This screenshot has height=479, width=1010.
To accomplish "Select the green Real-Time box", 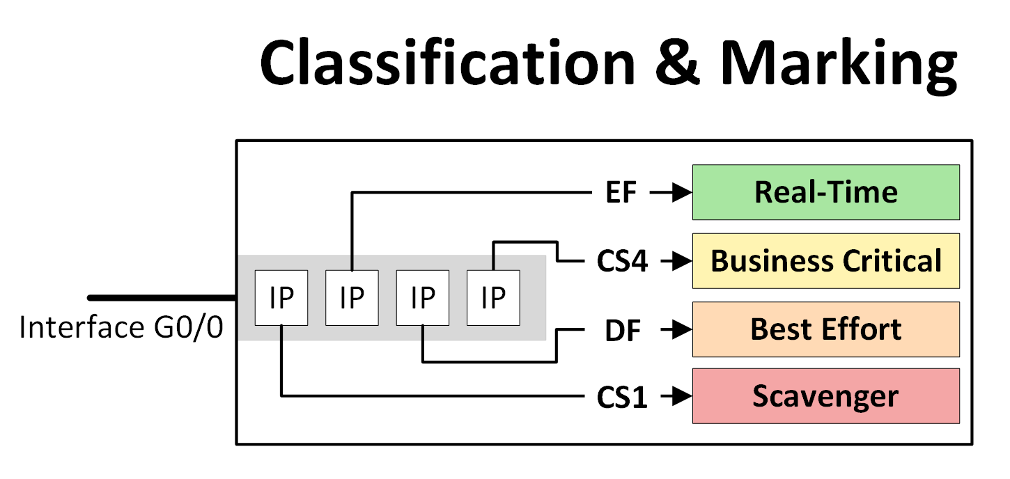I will (825, 192).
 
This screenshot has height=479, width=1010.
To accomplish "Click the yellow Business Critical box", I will (825, 260).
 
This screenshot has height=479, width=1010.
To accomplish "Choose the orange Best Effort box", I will (825, 329).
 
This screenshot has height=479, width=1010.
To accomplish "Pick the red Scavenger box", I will (825, 396).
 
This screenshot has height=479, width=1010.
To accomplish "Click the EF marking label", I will (621, 193).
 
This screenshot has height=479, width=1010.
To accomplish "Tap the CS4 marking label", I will (622, 262).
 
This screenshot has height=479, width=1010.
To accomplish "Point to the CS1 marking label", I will (622, 398).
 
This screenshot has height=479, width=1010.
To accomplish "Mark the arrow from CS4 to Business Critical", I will (674, 262).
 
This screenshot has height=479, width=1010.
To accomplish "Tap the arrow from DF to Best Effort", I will (674, 330).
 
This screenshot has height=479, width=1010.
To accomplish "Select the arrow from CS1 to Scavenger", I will (674, 398).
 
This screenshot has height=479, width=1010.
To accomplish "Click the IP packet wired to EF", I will (352, 297).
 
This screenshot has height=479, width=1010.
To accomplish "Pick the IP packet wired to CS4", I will (492, 297).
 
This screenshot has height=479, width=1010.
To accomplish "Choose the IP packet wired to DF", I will (422, 297).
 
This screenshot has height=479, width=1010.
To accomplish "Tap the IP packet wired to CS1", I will (281, 297).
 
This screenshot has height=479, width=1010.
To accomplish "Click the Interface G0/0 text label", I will (121, 328).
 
